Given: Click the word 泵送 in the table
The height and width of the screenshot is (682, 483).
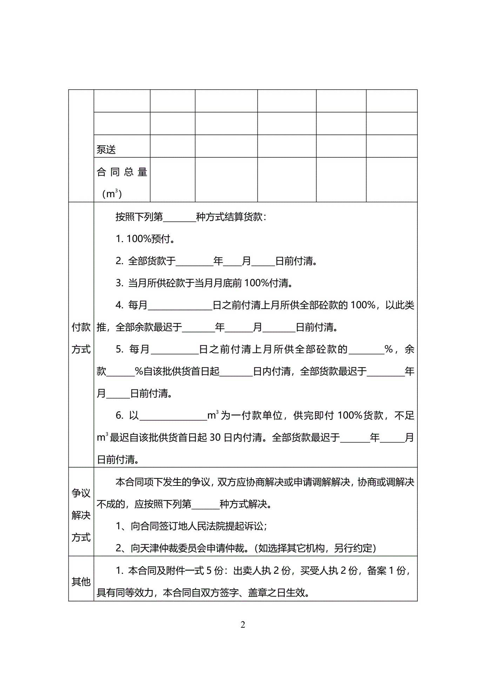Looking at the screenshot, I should pyautogui.click(x=106, y=150).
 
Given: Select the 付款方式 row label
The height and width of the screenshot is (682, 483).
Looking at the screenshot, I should pyautogui.click(x=81, y=338).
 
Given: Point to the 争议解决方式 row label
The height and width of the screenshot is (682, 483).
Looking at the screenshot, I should pyautogui.click(x=81, y=515).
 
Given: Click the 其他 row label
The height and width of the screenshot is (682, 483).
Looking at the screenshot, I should pyautogui.click(x=81, y=581).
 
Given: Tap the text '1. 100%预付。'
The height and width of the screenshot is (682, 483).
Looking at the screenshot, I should pyautogui.click(x=145, y=239).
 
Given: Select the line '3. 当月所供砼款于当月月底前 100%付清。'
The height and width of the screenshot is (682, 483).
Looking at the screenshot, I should pyautogui.click(x=204, y=283).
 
